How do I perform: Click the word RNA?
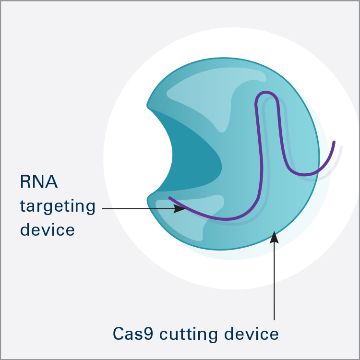click(x=39, y=181)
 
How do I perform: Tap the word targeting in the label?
click(x=58, y=206)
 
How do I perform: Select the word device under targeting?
click(x=48, y=229)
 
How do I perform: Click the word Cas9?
click(x=133, y=334)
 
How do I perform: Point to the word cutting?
click(x=189, y=335)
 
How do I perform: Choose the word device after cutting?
click(x=252, y=334)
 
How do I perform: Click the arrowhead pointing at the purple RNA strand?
click(x=180, y=208)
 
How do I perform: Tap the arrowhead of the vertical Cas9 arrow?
click(x=274, y=237)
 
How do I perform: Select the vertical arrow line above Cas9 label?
click(x=274, y=276)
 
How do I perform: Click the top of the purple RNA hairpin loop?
click(x=266, y=92)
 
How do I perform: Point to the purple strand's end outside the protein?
click(x=334, y=142)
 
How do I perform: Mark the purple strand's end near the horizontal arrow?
click(x=169, y=197)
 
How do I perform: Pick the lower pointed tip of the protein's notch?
click(x=148, y=197)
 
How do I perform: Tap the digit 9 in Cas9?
click(x=148, y=334)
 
